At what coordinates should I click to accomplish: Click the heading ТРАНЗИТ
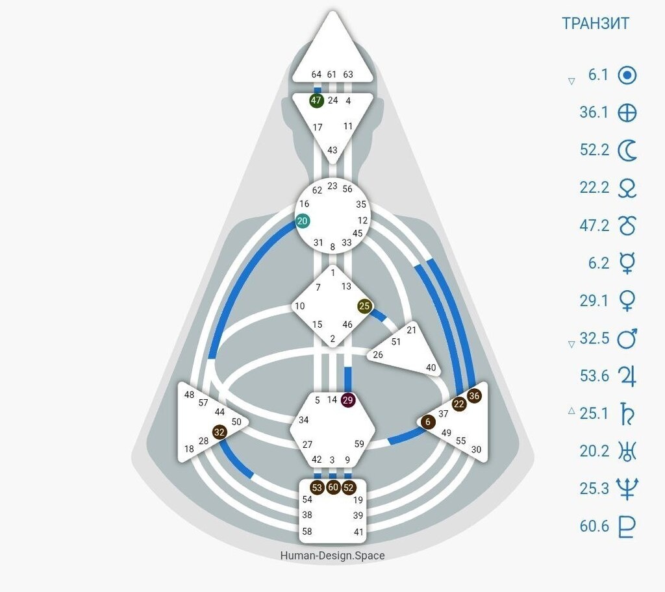[595, 23]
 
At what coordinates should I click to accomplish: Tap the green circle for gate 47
[316, 101]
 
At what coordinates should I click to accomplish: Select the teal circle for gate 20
[302, 221]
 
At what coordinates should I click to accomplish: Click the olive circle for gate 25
[364, 306]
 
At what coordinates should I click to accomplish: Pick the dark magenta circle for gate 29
[349, 400]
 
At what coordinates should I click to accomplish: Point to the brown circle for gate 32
[220, 431]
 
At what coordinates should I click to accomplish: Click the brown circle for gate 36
[475, 395]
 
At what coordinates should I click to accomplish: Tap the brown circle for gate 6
[427, 422]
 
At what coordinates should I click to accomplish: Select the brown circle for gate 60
[333, 487]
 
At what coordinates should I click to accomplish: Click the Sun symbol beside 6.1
[627, 75]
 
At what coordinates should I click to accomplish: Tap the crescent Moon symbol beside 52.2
[627, 151]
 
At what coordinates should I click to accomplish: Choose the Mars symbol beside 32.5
[627, 338]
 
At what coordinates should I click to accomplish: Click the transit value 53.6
[594, 376]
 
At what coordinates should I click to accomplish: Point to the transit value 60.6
[594, 526]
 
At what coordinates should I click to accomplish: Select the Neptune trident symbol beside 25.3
[627, 488]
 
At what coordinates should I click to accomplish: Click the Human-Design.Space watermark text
[332, 556]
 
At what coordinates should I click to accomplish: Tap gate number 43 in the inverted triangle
[332, 150]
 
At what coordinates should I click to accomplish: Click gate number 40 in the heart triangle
[431, 367]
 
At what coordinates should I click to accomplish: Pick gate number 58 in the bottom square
[307, 532]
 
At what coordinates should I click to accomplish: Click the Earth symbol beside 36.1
[627, 113]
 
